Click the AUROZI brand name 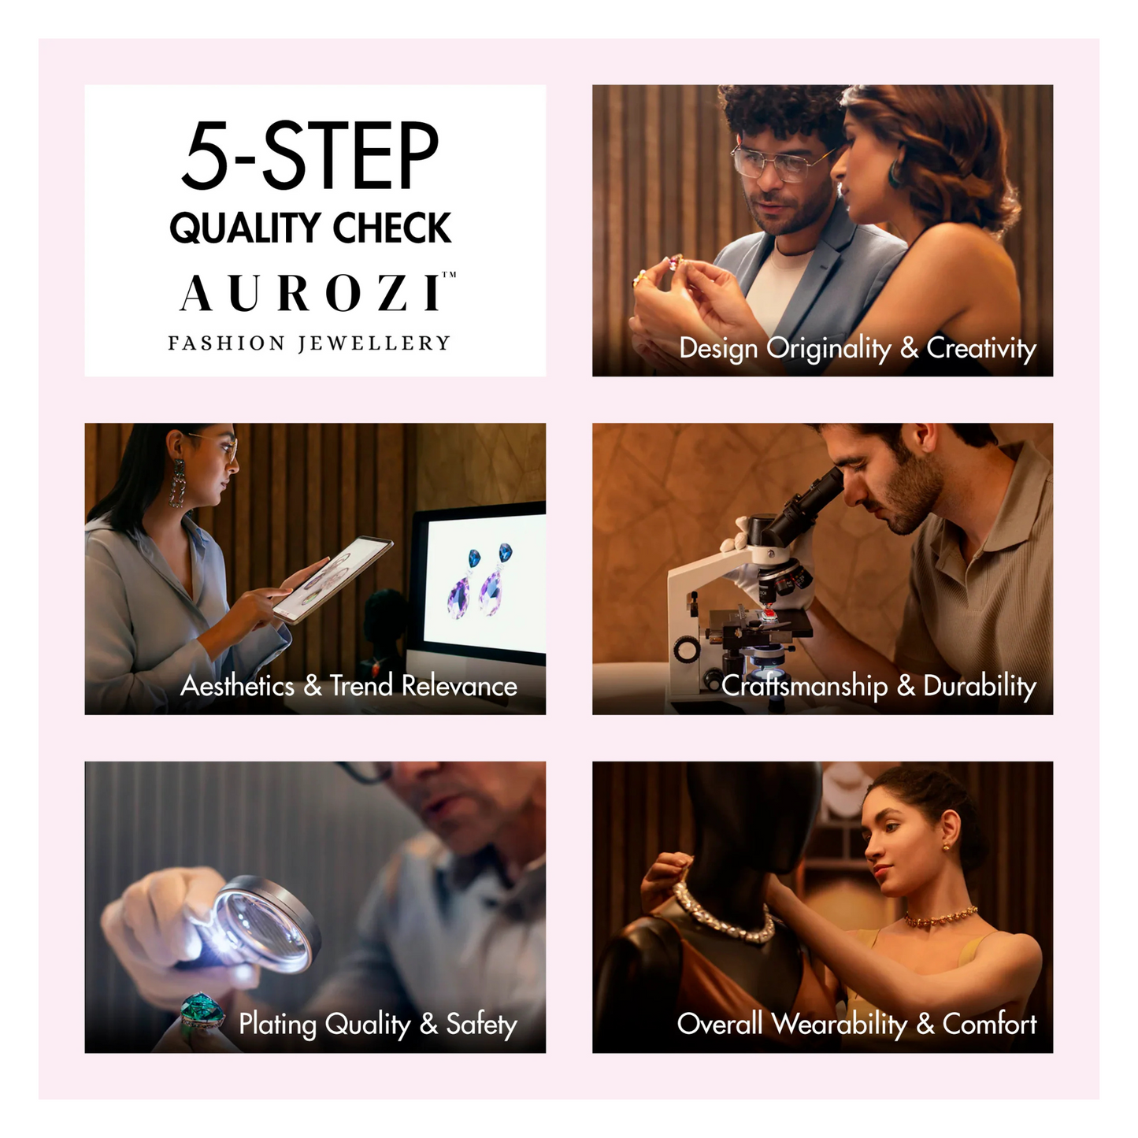point(313,294)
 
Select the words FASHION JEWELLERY point(309,343)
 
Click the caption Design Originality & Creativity point(857,347)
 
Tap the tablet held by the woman point(331,579)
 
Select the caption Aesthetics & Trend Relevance point(349,685)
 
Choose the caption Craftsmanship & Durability point(878,685)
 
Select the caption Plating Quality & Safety point(377,1024)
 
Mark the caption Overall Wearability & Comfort point(856,1024)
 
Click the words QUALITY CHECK point(310,228)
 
